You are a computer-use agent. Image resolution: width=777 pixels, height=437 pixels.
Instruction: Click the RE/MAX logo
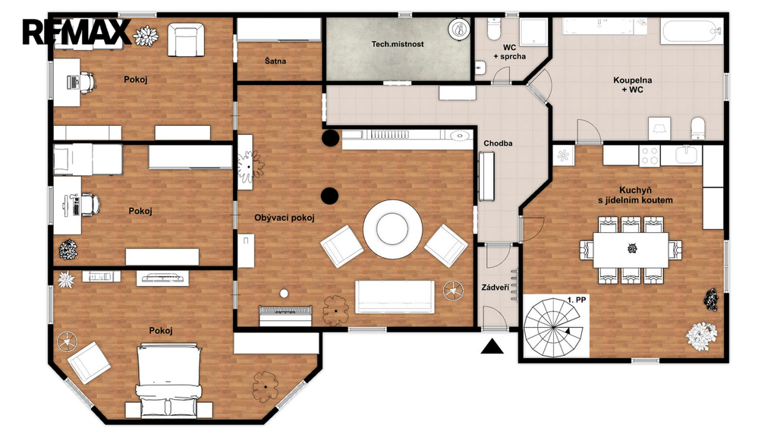point(77,32)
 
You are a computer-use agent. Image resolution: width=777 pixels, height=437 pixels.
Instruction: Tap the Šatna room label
point(275,61)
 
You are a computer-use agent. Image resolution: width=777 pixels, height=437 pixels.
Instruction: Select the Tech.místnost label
point(398,44)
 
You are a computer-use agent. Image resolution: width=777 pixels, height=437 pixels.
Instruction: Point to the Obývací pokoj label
point(285,218)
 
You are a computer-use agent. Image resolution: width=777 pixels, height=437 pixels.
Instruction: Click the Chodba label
point(498,143)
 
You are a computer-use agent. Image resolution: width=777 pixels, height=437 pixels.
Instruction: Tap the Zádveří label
point(495,288)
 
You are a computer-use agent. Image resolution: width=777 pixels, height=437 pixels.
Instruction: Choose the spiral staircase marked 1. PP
point(553,327)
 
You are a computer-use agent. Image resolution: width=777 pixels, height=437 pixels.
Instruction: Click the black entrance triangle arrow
point(492,346)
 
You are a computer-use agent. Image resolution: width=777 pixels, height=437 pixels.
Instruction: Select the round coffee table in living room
point(392,229)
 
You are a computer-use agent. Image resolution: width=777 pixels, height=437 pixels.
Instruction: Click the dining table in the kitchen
point(631,250)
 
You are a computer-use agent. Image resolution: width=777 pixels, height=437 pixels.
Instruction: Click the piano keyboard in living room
point(286,315)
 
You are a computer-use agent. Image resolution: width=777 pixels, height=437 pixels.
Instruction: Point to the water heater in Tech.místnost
point(459,29)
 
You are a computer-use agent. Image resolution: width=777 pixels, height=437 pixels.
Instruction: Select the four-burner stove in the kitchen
point(650,155)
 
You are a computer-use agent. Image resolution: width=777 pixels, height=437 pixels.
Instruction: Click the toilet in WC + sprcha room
point(494,30)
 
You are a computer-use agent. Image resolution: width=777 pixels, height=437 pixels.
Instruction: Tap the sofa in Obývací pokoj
point(395,297)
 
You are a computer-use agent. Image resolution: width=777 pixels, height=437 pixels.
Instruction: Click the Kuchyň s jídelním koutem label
point(635,195)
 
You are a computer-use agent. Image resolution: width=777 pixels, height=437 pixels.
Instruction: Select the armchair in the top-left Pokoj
point(186,39)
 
